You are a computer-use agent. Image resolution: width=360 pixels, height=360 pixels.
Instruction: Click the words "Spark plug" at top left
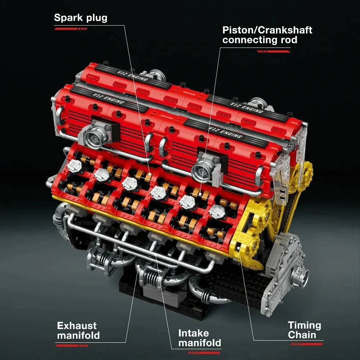tap(81, 18)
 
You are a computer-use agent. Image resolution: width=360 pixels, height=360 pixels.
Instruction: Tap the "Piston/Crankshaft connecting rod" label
tap(267, 35)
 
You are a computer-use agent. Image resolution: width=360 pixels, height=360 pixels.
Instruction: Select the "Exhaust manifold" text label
tap(78, 330)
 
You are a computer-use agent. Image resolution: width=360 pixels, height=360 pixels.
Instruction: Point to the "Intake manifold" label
tap(199, 338)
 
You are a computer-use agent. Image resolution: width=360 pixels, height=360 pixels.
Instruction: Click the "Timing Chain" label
tap(304, 330)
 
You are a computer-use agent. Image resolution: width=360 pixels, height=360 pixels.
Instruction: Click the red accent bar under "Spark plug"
tap(71, 28)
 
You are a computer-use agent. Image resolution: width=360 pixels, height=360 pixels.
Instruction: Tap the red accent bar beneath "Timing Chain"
tap(306, 344)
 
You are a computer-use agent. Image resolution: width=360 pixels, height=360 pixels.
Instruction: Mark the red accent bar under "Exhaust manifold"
tap(72, 345)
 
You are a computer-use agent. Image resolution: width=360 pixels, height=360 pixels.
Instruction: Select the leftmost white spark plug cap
tap(73, 165)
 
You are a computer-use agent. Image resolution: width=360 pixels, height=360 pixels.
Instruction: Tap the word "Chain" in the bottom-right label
tap(302, 335)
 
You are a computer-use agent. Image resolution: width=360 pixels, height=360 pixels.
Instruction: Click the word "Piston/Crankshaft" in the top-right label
tap(267, 30)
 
